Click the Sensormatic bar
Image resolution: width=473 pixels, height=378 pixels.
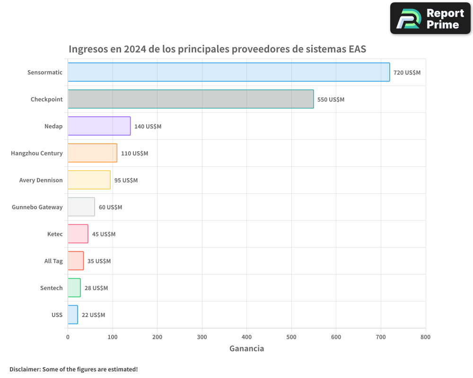pos(228,72)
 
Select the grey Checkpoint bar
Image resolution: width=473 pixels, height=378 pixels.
pos(191,99)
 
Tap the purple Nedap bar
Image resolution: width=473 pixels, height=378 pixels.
pos(99,126)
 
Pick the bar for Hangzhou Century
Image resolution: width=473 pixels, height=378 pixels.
pos(92,153)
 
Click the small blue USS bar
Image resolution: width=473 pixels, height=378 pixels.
pos(73,315)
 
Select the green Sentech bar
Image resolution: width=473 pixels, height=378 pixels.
pos(74,288)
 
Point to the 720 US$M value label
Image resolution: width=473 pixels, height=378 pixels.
pos(407,73)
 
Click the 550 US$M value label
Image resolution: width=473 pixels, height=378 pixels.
pos(331,100)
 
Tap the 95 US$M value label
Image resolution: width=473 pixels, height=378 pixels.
pos(126,180)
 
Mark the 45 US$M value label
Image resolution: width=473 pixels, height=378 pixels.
pos(104,234)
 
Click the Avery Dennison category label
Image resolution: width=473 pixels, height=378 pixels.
pos(41,180)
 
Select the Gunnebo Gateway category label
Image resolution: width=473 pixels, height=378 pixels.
pos(37,207)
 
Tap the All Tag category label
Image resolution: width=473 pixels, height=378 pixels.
pos(53,261)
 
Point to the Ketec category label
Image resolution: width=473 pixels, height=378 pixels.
pos(55,234)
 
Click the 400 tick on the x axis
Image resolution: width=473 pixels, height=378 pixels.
pos(246,337)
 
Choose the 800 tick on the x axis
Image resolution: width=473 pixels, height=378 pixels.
pos(425,337)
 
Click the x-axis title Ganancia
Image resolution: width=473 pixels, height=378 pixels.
pos(246,349)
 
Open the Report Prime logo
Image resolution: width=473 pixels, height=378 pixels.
pos(430,18)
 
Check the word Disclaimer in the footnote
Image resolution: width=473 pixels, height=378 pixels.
pos(25,369)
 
